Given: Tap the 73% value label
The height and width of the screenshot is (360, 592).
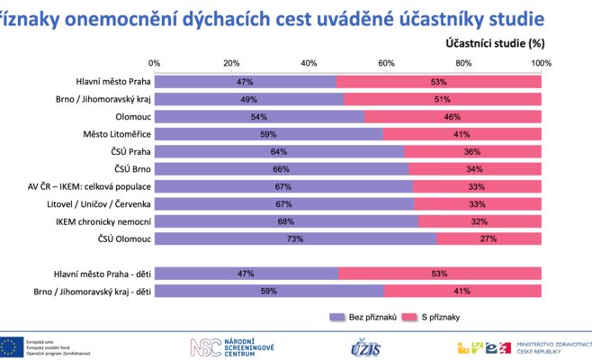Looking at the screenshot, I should point(296,238).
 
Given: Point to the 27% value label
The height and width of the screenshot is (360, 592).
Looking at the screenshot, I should point(489,238).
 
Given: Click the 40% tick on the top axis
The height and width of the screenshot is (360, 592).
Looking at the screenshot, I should point(309,63).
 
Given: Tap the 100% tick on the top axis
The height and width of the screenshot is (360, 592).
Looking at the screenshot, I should point(541,63).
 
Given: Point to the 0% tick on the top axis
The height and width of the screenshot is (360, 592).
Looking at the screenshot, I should point(155,63).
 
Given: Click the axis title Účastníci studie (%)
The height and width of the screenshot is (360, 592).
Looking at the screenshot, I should point(494,42).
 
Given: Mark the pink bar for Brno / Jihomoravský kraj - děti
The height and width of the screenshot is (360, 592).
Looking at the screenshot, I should point(462,291).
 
